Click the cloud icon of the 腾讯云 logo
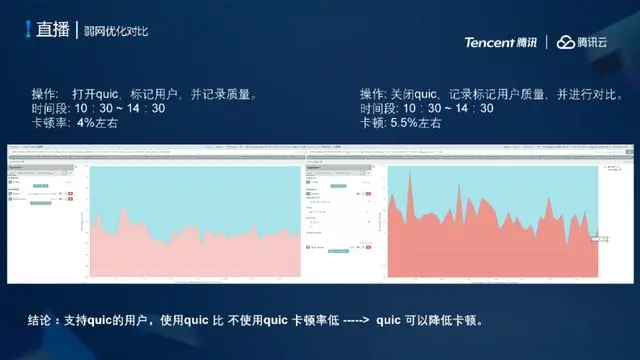568,42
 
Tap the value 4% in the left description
86,122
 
